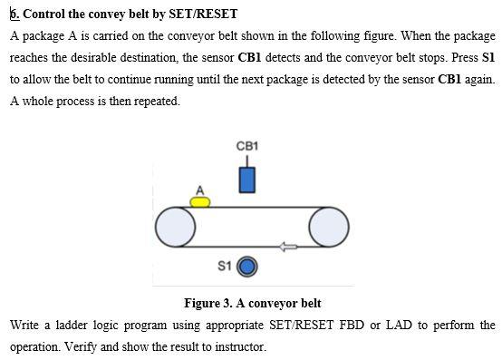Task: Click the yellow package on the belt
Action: [200, 200]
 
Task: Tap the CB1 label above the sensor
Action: [247, 146]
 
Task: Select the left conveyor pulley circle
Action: [175, 227]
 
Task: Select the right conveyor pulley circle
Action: [329, 227]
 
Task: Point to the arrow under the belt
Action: [287, 245]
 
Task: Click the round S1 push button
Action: [247, 267]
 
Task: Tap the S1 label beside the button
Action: [226, 267]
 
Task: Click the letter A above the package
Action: [201, 189]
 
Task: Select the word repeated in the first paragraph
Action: [154, 101]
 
